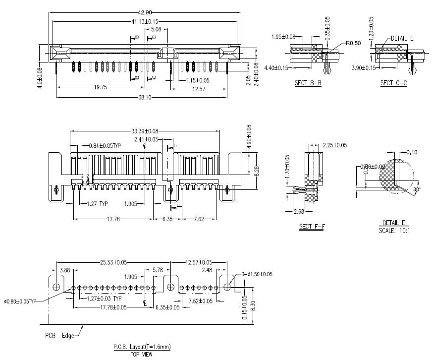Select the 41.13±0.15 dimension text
click(145, 21)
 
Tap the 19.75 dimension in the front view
click(101, 87)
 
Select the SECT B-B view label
click(308, 83)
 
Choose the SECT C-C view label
click(393, 83)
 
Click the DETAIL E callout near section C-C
click(402, 38)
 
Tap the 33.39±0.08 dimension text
click(145, 131)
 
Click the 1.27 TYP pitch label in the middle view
click(97, 204)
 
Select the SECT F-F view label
click(312, 227)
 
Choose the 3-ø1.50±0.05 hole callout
click(257, 274)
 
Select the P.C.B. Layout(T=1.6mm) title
click(142, 347)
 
